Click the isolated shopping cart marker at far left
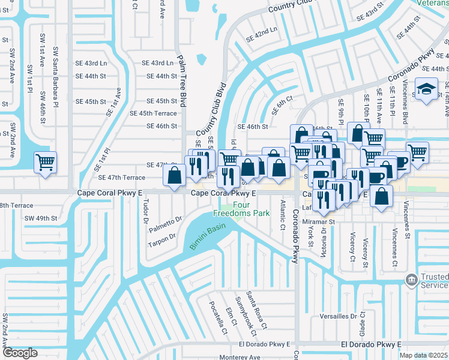[x=46, y=162]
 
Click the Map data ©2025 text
[x=423, y=355]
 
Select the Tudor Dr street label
[x=145, y=211]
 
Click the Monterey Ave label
[x=240, y=357]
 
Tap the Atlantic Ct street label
[x=282, y=216]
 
